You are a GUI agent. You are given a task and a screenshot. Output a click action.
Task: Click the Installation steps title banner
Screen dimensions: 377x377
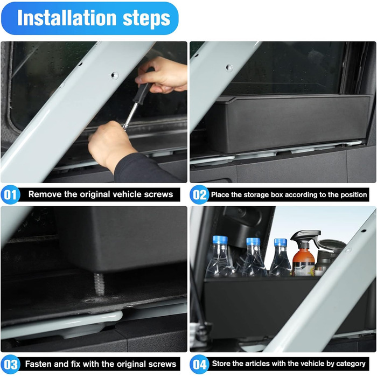90,18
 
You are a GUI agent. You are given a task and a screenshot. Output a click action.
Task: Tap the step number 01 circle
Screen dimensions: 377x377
11,194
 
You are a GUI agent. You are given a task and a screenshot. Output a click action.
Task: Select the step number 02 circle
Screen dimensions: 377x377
199,194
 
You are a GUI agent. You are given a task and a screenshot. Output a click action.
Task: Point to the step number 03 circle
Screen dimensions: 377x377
11,364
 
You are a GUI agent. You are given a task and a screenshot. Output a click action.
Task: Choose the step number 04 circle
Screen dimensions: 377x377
199,364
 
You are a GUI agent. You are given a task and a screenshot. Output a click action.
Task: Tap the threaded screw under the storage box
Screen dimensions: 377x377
99,284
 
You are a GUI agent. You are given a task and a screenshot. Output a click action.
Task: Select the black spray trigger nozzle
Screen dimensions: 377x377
306,237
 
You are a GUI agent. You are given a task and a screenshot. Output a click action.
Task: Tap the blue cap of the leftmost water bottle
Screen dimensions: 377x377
220,240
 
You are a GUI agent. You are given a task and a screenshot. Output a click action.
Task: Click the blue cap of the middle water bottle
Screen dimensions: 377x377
253,242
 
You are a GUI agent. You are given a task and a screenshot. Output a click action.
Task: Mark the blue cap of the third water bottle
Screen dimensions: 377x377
281,242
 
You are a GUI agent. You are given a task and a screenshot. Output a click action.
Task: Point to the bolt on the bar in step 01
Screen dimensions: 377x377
114,75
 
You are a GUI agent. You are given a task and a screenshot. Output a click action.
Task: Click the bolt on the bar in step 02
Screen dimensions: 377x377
229,68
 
